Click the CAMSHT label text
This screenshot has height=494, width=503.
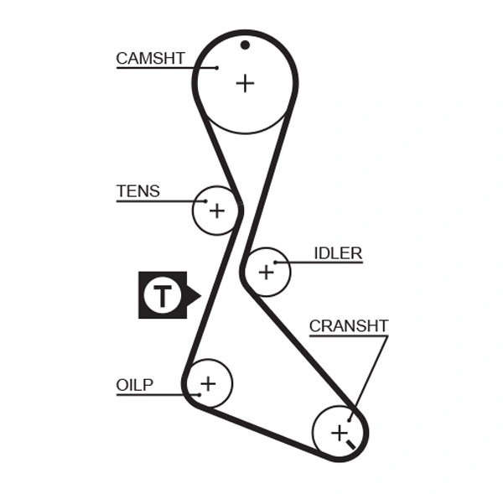[150, 58]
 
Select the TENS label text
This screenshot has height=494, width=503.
[137, 191]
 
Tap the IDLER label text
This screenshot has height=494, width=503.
[338, 253]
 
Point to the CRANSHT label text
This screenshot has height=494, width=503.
[349, 326]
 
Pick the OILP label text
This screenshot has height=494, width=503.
[134, 385]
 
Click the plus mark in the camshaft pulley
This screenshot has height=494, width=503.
[245, 83]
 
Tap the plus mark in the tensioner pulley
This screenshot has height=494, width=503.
[217, 210]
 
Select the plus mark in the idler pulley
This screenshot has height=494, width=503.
[267, 272]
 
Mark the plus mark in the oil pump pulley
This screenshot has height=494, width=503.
[207, 384]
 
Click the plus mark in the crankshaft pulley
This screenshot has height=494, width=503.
[339, 433]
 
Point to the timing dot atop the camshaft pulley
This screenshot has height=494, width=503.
[245, 44]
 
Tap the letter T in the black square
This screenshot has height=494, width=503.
[163, 295]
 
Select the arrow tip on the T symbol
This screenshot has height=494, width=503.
[199, 295]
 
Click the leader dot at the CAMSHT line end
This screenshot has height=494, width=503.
[216, 67]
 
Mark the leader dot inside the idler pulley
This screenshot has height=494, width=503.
[275, 263]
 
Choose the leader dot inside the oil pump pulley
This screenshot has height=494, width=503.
[198, 393]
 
